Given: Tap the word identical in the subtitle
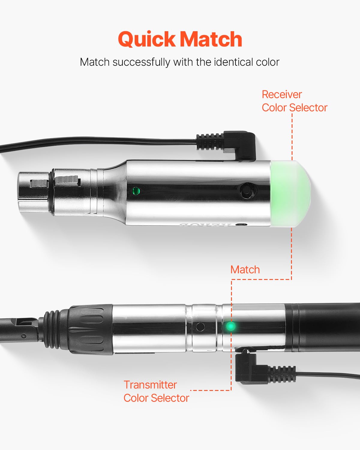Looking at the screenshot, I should pyautogui.click(x=229, y=62).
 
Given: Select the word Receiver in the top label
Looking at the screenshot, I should pyautogui.click(x=282, y=94).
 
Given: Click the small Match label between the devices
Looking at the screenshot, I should pyautogui.click(x=245, y=270).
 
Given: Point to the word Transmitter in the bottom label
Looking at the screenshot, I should pyautogui.click(x=150, y=385).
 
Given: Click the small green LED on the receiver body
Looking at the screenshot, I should pyautogui.click(x=136, y=190).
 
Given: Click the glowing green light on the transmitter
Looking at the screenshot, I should pyautogui.click(x=230, y=326).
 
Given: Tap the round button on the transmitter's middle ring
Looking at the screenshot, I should pyautogui.click(x=200, y=326).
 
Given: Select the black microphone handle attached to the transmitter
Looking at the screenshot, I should pyautogui.click(x=324, y=327).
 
